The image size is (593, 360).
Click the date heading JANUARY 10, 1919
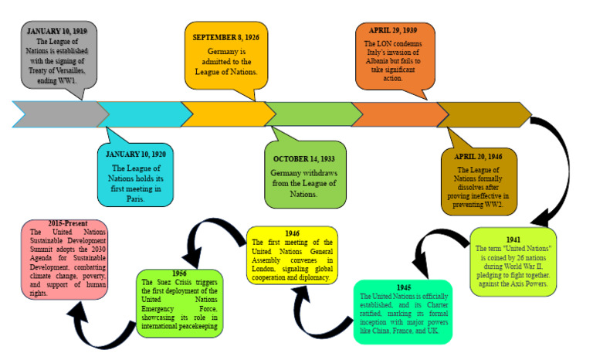tap(57, 31)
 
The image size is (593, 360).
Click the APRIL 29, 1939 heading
tap(395, 33)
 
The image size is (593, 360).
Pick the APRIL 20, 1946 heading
tap(479, 158)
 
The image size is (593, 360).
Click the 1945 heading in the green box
tap(403, 287)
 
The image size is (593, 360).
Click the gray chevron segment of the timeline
tap(58, 114)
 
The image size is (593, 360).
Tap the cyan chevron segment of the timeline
tap(144, 114)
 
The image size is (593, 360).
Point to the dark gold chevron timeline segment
tap(483, 114)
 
